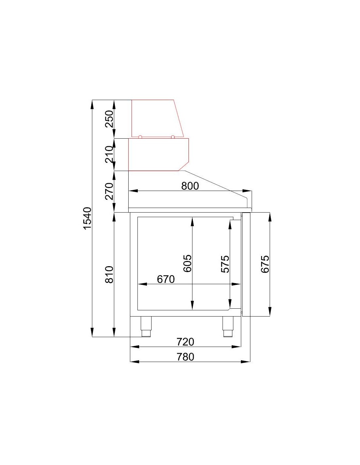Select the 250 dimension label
coord(109,119)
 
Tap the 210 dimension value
coord(109,154)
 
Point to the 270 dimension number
coord(109,191)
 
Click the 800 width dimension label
coord(190,186)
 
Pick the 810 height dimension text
coord(109,275)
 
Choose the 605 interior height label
coord(188,263)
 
